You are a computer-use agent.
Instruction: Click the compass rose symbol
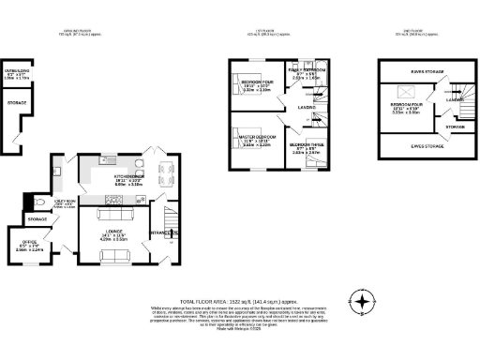363,303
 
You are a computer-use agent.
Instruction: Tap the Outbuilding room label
17,70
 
